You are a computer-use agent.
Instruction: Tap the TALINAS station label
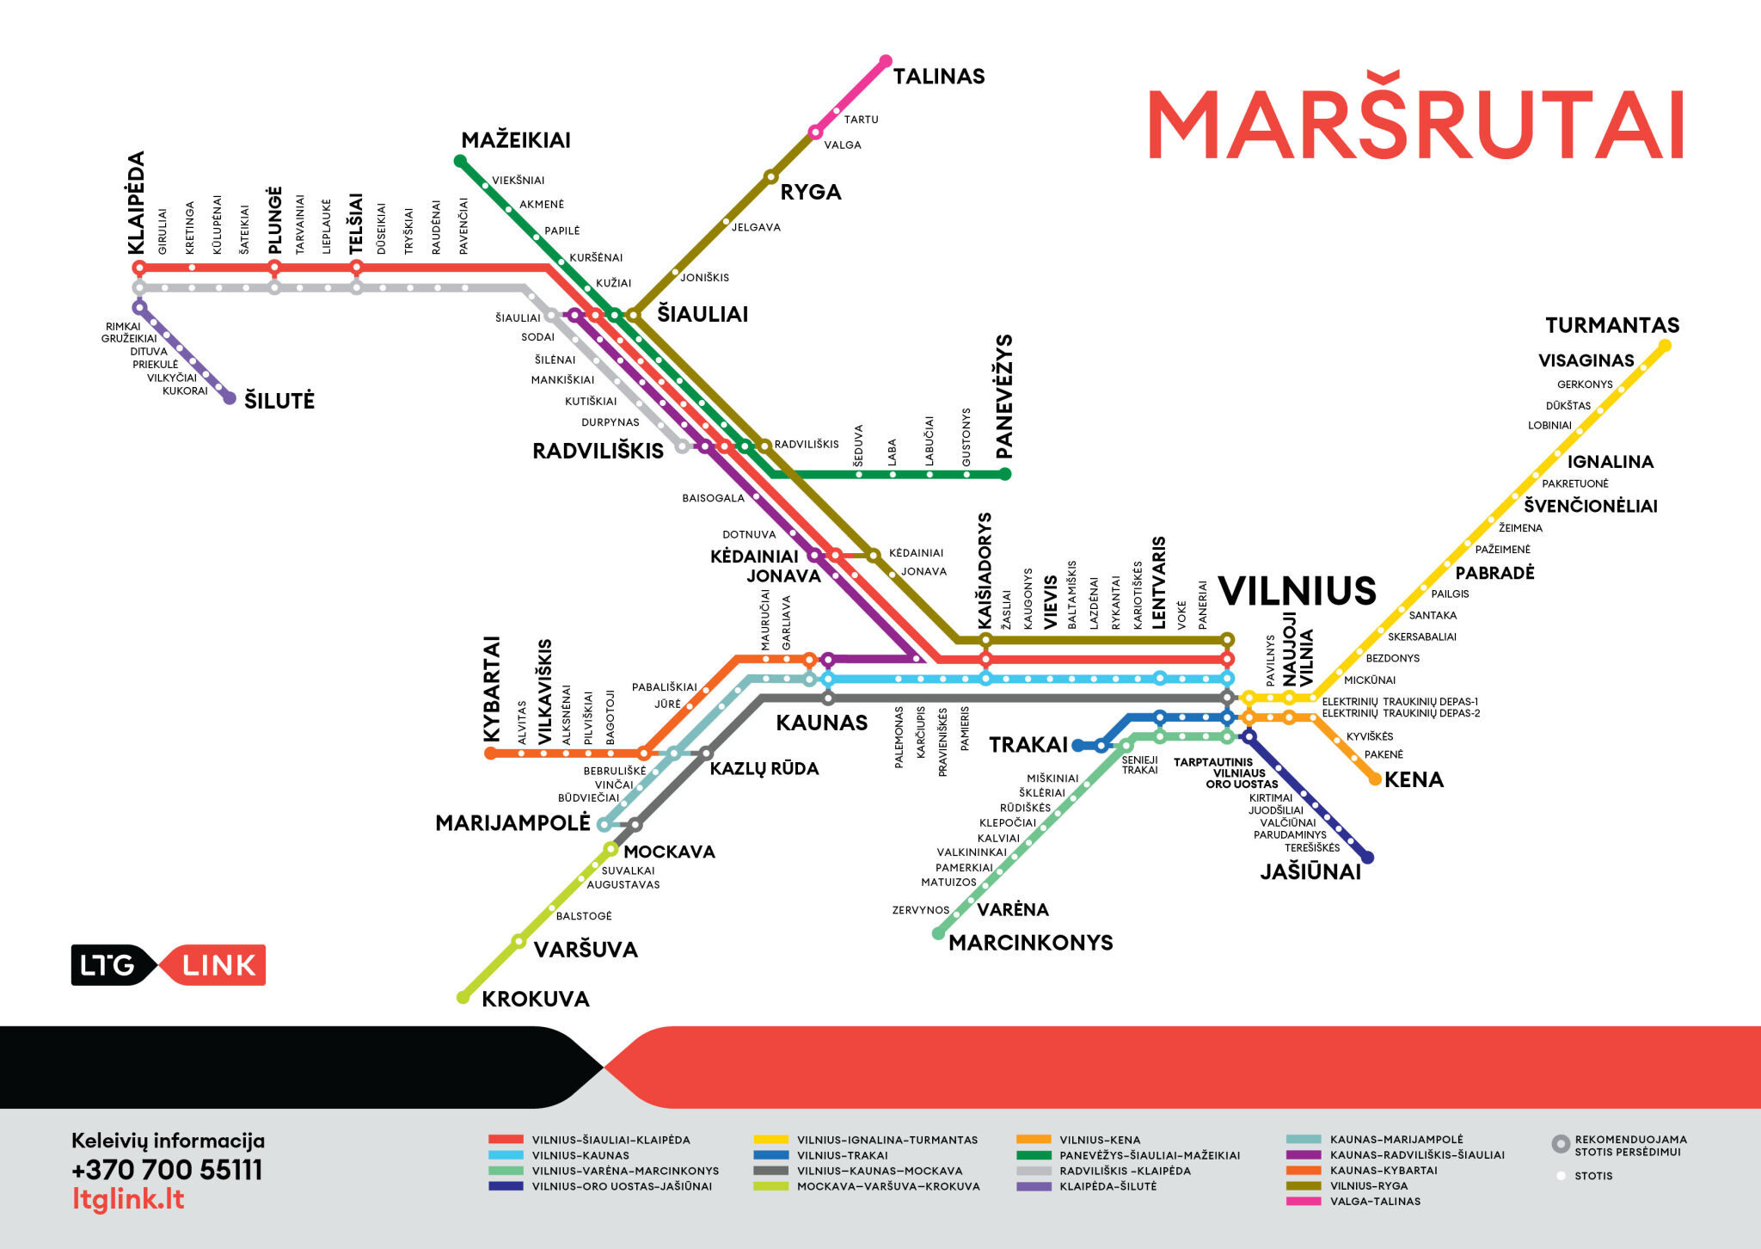tap(939, 77)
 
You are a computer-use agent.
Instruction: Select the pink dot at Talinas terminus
tap(886, 61)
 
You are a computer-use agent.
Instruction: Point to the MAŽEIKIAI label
tap(516, 139)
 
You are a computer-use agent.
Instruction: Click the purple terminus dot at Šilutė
tap(230, 398)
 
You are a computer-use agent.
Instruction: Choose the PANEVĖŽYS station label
tap(1004, 397)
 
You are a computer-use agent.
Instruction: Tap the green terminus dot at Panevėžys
tap(1005, 474)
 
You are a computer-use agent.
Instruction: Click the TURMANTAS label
tap(1612, 325)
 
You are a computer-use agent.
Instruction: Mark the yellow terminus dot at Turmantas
tap(1665, 346)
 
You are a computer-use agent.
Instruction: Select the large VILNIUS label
tap(1298, 591)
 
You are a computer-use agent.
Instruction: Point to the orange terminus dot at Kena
tap(1375, 779)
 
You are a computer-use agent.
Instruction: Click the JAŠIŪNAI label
tap(1310, 872)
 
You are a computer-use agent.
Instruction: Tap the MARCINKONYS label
tap(1031, 943)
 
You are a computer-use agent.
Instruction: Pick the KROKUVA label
tap(536, 1000)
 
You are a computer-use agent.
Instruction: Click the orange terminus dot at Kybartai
tap(491, 754)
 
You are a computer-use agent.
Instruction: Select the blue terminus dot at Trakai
tap(1078, 746)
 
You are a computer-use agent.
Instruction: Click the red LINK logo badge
tap(214, 965)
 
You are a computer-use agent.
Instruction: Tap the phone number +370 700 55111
tap(167, 1170)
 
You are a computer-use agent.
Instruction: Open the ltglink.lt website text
tap(128, 1199)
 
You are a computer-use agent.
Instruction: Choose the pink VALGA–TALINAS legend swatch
tap(1304, 1202)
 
